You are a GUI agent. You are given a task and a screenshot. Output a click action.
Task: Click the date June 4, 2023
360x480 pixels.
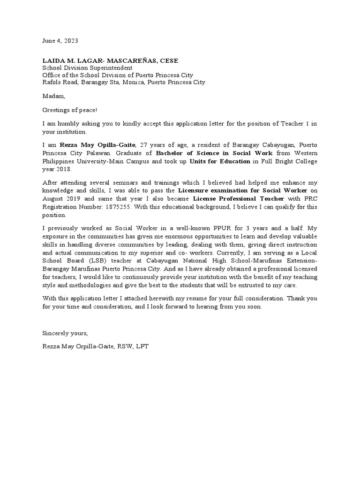[60, 41]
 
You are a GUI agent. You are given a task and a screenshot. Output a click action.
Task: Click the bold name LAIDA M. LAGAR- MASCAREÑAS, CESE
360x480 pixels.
[110, 61]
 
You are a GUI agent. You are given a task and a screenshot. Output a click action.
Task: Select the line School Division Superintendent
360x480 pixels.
[87, 68]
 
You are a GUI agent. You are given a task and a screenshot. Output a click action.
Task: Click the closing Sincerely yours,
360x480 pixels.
[65, 333]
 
